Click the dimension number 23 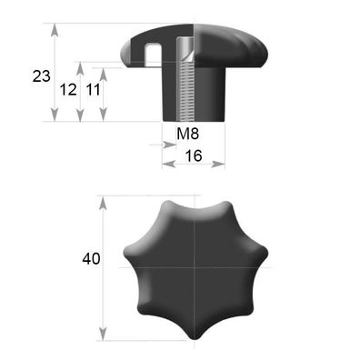click(42, 75)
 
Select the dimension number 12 click(68, 90)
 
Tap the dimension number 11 click(93, 90)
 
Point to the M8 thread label click(188, 134)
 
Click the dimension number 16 click(194, 155)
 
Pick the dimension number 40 click(91, 259)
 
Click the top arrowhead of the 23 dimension click(55, 30)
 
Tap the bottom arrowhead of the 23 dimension click(55, 115)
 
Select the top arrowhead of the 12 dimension click(80, 68)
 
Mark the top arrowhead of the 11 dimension click(104, 75)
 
